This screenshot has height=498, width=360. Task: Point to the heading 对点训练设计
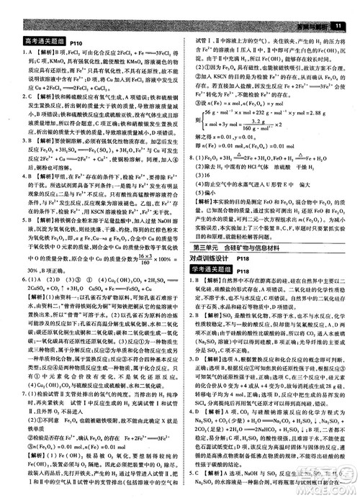click(x=206, y=258)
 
